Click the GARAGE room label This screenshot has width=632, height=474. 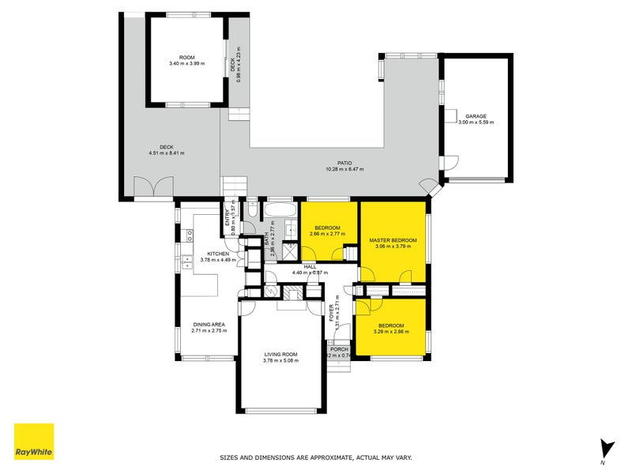click(476, 115)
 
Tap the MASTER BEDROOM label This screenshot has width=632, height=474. click(393, 239)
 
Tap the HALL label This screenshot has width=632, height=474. click(310, 267)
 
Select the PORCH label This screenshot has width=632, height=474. click(339, 348)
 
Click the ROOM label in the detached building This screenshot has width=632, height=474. click(186, 57)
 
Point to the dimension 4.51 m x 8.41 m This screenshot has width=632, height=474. click(166, 153)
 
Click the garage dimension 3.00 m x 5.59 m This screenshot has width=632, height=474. click(476, 122)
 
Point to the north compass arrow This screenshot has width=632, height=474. click(606, 447)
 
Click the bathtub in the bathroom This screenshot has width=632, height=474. click(279, 211)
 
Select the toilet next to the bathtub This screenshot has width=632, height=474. click(251, 210)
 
